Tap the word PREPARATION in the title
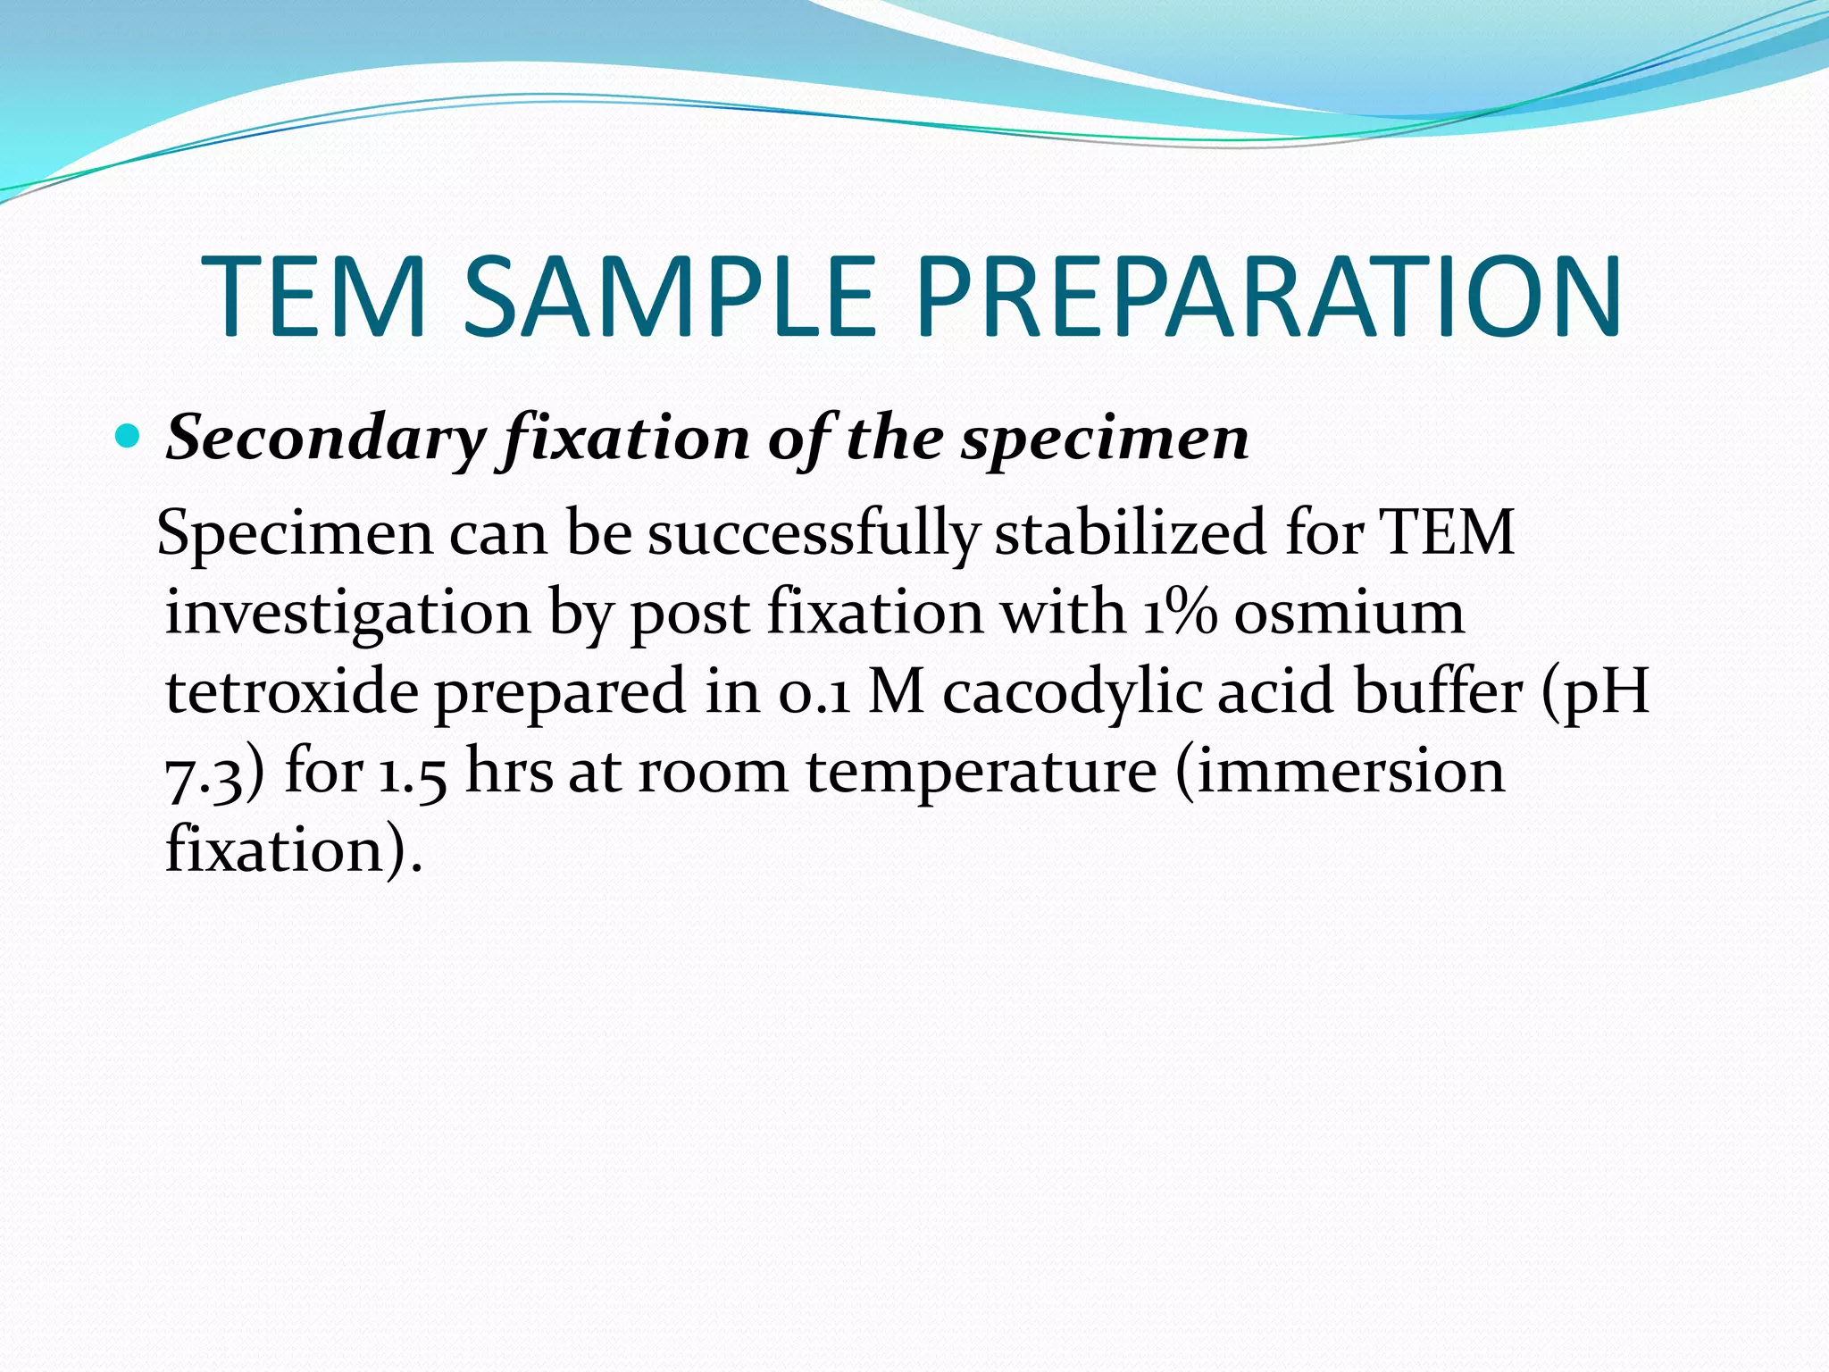(x=1268, y=297)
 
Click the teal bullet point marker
(x=129, y=438)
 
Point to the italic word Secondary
(x=326, y=439)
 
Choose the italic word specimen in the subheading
(x=1105, y=439)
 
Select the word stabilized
(x=1130, y=534)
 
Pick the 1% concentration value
(x=1179, y=613)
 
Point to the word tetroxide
(x=292, y=692)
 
